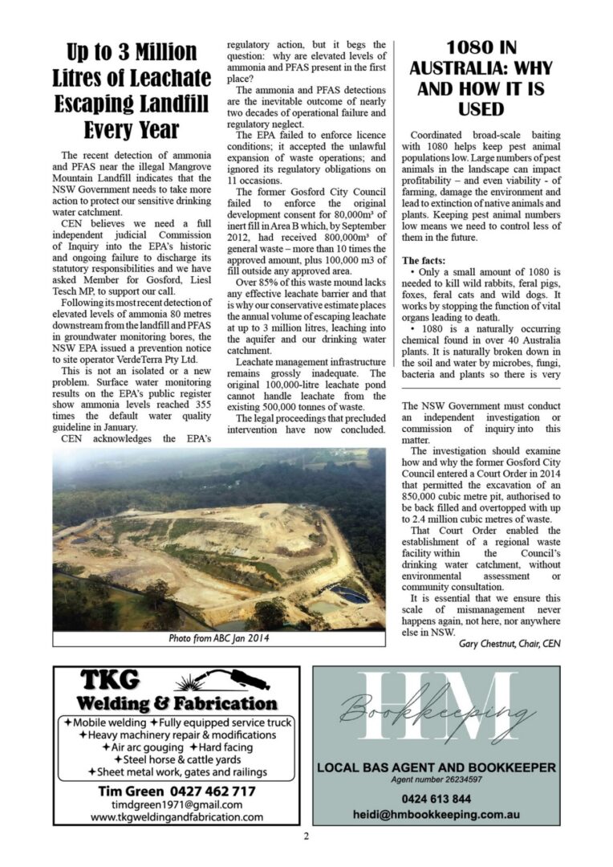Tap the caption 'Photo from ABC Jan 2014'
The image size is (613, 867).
click(x=218, y=638)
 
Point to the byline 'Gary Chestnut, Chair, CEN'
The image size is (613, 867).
click(x=509, y=643)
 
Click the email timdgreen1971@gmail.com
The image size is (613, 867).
click(x=177, y=804)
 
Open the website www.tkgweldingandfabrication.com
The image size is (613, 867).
click(x=177, y=817)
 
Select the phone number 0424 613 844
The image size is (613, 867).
click(x=436, y=799)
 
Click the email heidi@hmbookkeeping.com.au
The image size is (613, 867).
click(x=436, y=813)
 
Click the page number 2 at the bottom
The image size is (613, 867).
click(x=306, y=836)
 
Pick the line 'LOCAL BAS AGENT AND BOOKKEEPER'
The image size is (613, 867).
click(x=436, y=767)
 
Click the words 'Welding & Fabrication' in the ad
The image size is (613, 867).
click(x=177, y=704)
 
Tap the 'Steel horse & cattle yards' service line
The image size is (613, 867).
click(x=177, y=759)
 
